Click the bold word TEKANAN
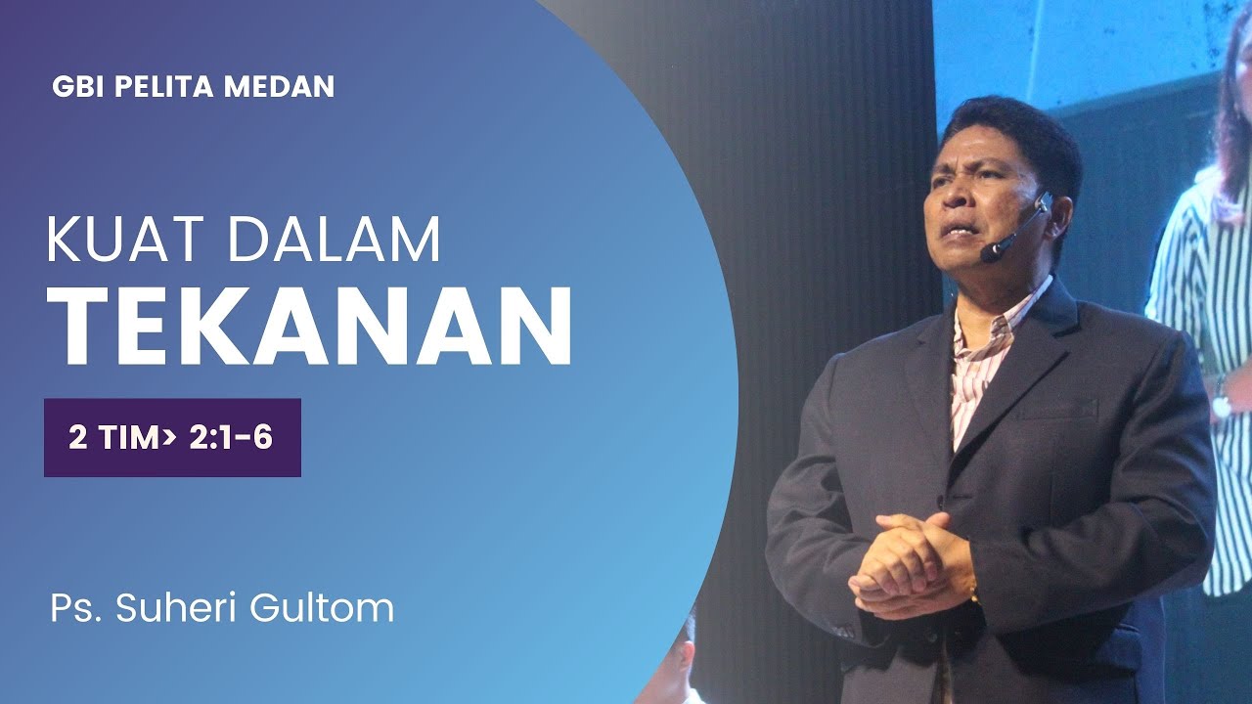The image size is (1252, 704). tap(309, 329)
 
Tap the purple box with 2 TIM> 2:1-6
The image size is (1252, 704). tap(172, 437)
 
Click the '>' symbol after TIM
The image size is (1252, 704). tap(170, 438)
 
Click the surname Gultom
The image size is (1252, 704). tap(324, 608)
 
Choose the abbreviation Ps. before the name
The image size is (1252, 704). tap(76, 608)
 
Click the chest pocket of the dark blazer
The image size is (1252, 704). tap(1055, 410)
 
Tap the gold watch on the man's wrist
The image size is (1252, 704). tap(974, 593)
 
